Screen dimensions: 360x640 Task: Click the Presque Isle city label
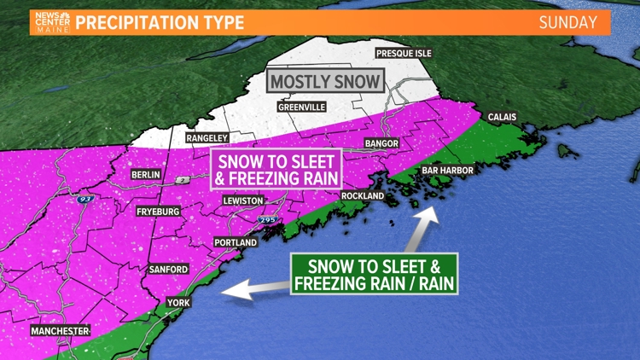click(404, 54)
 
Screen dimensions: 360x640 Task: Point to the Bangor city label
click(381, 143)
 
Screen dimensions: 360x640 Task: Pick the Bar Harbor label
click(446, 170)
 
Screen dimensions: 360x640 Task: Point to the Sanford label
click(167, 270)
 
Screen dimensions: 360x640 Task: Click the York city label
click(177, 302)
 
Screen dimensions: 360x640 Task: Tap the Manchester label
click(60, 330)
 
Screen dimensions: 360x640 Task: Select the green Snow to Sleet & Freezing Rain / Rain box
click(374, 274)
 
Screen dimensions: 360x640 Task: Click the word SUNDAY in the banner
click(567, 22)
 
